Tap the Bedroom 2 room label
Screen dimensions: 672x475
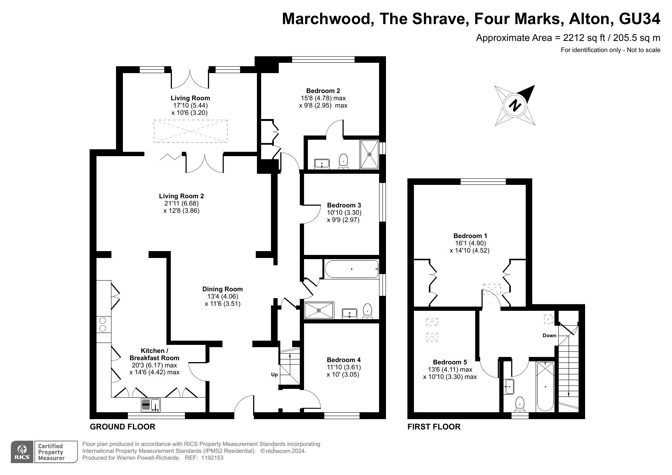point(323,91)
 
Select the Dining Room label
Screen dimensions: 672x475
point(222,289)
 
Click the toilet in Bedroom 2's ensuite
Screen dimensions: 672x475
point(343,161)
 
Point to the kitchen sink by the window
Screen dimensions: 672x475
point(151,405)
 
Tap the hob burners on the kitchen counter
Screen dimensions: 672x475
point(103,324)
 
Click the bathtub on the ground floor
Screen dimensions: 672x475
point(352,269)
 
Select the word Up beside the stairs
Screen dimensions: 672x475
point(274,375)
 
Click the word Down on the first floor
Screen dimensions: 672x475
point(549,336)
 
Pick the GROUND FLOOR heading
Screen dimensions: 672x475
point(123,427)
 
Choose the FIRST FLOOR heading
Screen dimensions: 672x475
point(434,427)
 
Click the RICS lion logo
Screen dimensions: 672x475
point(23,452)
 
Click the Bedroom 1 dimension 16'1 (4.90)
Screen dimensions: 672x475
point(470,243)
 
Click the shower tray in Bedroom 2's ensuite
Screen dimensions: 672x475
point(370,155)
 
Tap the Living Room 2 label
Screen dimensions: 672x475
point(181,196)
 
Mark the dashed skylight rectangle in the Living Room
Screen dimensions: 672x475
point(191,131)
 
